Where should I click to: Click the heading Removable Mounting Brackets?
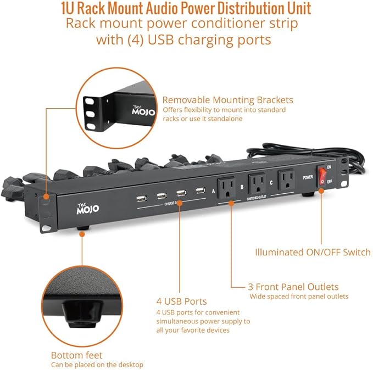[227, 100]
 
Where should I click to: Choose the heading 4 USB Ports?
[181, 301]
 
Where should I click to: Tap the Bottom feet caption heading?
[77, 355]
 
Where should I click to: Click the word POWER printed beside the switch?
[308, 177]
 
